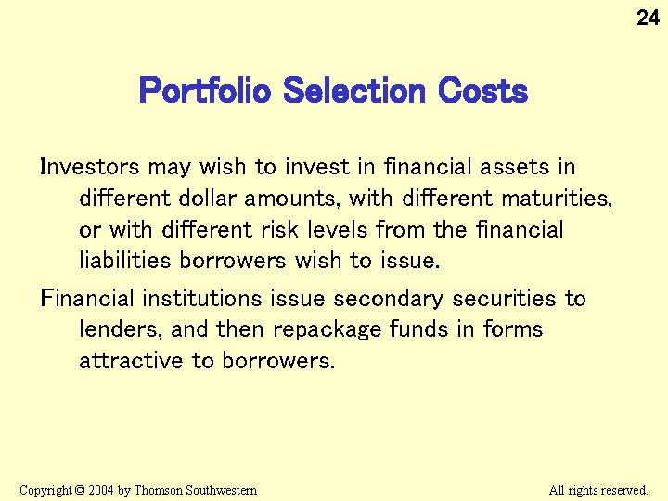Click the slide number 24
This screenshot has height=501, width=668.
pos(647,18)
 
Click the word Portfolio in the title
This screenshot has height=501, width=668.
pos(205,92)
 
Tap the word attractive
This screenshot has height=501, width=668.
pos(131,360)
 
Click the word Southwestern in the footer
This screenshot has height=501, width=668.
pos(219,490)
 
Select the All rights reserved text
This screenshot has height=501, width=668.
pos(597,490)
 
